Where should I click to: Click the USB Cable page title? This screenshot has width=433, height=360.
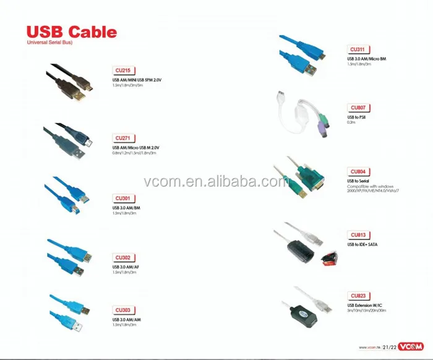[71, 32]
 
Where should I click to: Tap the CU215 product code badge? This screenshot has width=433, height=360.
[123, 71]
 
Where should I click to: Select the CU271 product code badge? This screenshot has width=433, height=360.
[123, 138]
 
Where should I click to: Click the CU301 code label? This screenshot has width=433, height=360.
[122, 199]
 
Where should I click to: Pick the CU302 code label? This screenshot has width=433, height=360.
[122, 257]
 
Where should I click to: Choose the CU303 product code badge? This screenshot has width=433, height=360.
[122, 309]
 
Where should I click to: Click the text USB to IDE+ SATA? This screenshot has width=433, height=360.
[362, 244]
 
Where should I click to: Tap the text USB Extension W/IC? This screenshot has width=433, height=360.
[364, 305]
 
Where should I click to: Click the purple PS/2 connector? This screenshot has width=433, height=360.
[321, 131]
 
